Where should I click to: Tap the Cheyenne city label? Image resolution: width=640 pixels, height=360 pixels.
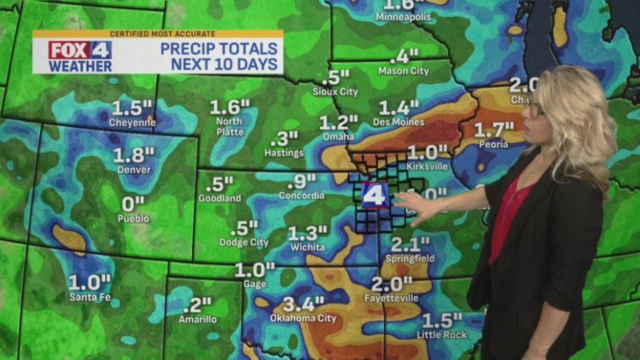coord(132,123)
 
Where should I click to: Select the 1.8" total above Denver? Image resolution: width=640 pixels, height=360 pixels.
coord(134,155)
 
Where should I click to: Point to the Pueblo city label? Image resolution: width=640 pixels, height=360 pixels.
coord(133,219)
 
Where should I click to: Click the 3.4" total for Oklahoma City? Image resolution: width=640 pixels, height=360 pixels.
coord(303,304)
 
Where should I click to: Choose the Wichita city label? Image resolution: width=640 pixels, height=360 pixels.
coord(307,247)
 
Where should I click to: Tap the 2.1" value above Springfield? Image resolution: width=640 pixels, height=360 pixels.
coord(410,244)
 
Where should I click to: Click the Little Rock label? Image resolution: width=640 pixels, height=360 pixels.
coord(441,334)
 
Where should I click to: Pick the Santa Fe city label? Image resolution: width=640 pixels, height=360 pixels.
coord(89,297)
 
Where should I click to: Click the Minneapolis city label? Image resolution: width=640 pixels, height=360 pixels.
coord(402,17)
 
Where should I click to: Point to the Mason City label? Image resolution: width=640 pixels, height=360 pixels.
coord(403,71)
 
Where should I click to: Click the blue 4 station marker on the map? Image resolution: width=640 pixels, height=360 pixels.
coord(374,195)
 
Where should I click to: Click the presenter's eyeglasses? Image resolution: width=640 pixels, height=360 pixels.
coord(536,110)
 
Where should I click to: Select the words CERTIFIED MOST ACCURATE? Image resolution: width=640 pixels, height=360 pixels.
coord(157,34)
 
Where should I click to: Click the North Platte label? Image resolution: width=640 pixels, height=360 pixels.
coord(229,126)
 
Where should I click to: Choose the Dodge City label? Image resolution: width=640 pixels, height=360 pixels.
coord(243,242)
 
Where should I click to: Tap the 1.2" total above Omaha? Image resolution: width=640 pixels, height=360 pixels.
coord(338,122)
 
